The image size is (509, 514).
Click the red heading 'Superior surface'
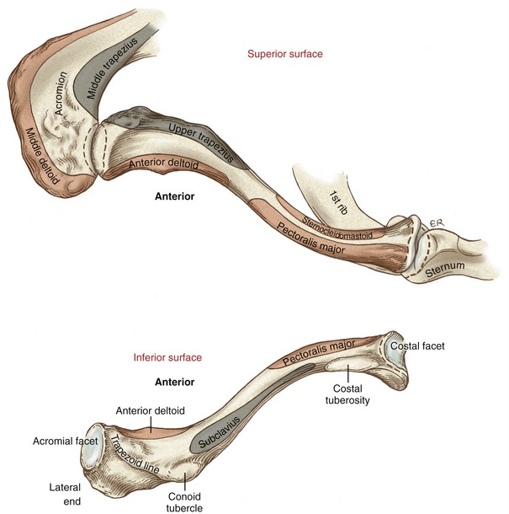[284, 54]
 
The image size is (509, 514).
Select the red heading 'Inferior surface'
[167, 356]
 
